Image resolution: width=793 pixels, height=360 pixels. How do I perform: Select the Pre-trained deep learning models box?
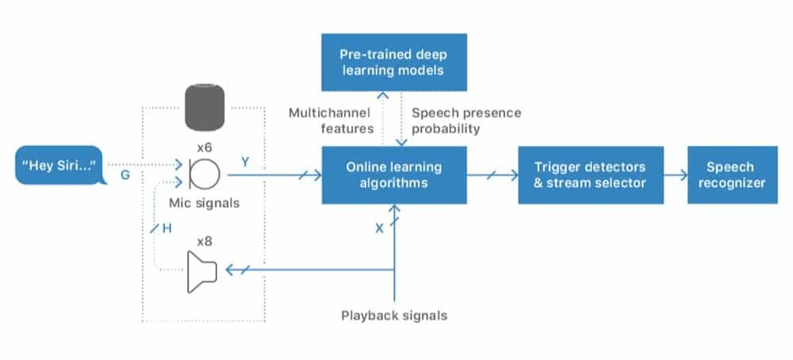point(394,62)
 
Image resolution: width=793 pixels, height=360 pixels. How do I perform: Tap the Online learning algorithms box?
point(394,175)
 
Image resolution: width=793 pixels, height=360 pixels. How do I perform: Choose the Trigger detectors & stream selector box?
point(590,175)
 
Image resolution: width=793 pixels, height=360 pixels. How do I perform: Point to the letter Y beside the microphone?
point(245,162)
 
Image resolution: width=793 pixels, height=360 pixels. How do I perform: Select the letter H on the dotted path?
point(167,228)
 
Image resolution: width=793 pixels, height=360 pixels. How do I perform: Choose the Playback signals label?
point(394,315)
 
